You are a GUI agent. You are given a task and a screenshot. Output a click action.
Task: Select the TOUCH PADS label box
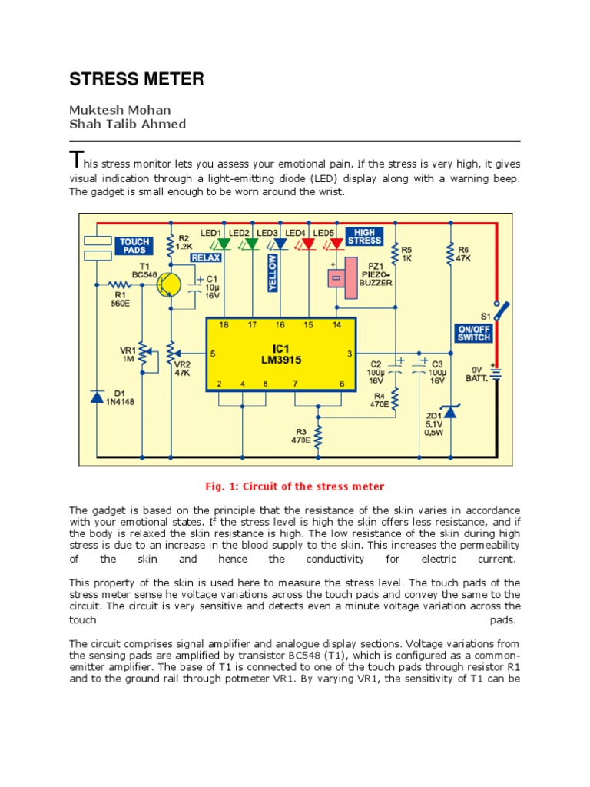pos(133,246)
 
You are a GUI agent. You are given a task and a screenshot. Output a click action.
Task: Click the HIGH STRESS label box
pos(364,236)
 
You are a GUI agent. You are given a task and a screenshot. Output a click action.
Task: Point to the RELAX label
pos(205,258)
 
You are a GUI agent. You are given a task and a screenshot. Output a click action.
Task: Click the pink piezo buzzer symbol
pos(343,278)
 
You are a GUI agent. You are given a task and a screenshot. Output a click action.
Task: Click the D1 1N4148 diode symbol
pos(97,397)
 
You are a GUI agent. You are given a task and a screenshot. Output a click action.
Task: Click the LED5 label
pos(324,232)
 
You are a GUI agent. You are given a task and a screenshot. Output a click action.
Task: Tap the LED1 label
pos(210,232)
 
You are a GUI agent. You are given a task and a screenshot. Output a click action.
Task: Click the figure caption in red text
pos(294,486)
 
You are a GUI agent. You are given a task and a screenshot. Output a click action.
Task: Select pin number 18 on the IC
pos(224,325)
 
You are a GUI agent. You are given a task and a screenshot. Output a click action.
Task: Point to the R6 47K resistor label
pos(462,254)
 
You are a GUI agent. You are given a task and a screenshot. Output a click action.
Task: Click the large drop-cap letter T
pos(75,160)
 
